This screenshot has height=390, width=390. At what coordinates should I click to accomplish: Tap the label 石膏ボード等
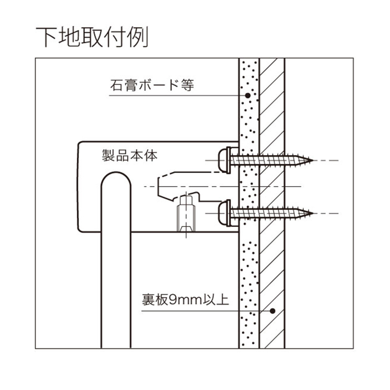click(152, 85)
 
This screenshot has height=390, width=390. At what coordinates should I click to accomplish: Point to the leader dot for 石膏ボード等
click(247, 95)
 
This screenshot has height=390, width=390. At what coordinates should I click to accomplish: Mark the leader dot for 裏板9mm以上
click(272, 311)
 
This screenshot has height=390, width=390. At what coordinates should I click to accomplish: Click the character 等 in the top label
click(188, 85)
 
